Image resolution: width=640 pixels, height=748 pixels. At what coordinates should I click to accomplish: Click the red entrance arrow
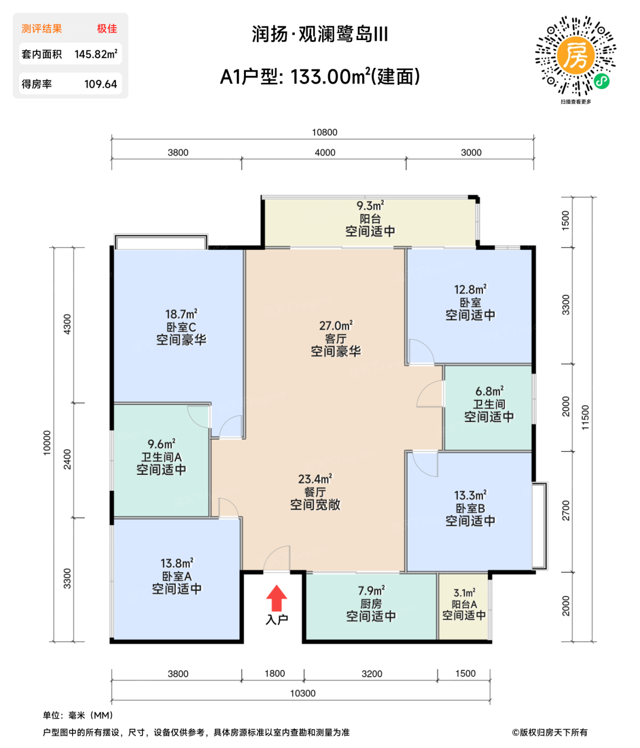pos(277,598)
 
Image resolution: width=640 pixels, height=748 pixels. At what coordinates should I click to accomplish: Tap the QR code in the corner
pos(576,56)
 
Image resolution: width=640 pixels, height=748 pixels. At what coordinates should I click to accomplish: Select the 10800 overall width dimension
pos(324,132)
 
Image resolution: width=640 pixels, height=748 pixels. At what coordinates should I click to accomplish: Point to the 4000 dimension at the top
pos(325,152)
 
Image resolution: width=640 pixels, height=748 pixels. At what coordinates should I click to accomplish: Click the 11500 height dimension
pos(585,417)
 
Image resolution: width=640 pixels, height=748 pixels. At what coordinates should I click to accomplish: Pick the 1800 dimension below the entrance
pos(275,673)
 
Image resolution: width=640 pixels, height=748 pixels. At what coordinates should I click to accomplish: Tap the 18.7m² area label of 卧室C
pos(181,314)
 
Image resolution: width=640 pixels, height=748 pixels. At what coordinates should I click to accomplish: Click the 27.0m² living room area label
pos(335,325)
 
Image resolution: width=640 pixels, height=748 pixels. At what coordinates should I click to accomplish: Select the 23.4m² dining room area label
pos(315,479)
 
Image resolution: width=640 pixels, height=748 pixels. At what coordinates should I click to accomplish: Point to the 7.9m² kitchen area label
pos(371,590)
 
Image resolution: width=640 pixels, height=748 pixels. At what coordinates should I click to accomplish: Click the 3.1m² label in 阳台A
pos(464,593)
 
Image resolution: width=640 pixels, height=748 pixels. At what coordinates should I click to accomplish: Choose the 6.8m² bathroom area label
pos(489,391)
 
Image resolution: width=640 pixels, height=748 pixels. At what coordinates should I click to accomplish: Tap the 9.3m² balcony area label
pos(370,206)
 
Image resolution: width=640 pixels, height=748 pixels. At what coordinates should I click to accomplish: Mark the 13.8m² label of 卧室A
pos(177,563)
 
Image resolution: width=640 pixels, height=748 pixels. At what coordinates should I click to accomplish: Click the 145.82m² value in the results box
pos(96,54)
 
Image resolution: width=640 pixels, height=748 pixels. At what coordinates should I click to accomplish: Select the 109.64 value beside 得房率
pos(100,84)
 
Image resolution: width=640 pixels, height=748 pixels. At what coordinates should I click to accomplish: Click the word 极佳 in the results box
pos(107,28)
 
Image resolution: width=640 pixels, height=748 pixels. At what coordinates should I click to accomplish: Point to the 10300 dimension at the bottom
pos(302,693)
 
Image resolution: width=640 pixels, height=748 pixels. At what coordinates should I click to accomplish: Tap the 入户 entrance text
pos(277,619)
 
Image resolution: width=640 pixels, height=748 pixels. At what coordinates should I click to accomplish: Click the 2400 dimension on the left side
pos(67,459)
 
